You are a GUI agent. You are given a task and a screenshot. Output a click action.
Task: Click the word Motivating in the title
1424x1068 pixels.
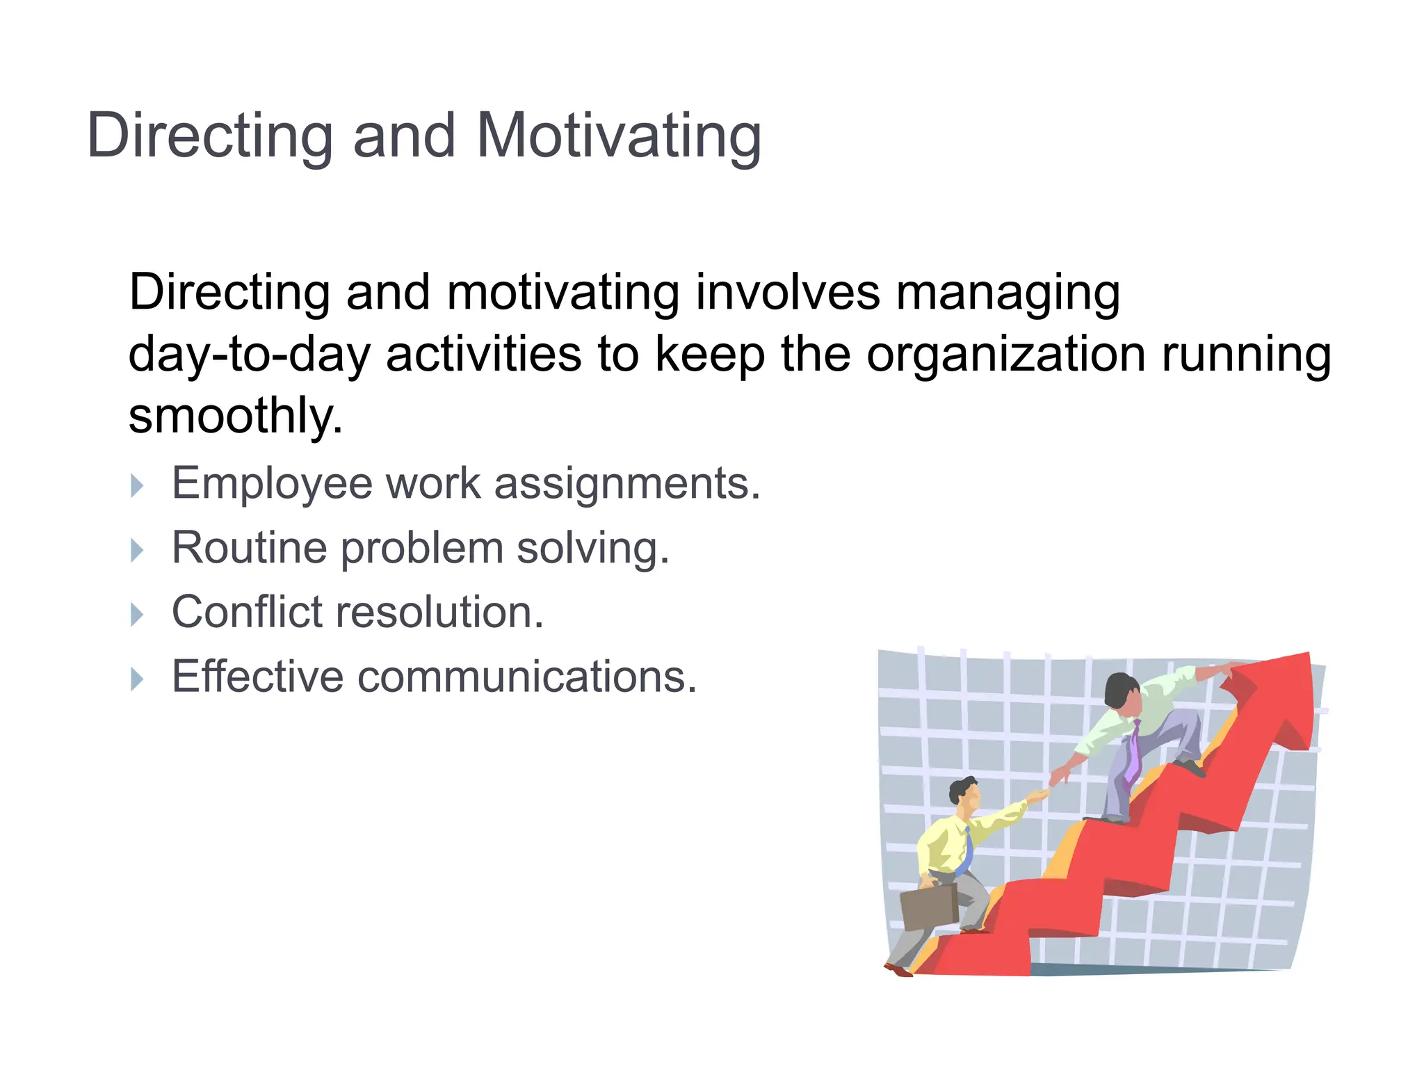click(x=619, y=136)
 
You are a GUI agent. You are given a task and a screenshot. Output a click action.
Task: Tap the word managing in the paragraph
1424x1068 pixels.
click(x=1008, y=293)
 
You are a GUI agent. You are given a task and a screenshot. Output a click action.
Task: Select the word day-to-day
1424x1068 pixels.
click(x=250, y=355)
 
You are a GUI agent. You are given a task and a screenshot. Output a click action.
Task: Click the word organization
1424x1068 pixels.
click(x=1005, y=355)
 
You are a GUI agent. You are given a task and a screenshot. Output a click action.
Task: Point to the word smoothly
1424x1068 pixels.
click(x=235, y=416)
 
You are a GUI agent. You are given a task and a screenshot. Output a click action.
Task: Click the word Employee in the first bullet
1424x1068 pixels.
click(x=272, y=483)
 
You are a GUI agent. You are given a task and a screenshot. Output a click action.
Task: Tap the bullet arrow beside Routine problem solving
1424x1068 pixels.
click(x=137, y=550)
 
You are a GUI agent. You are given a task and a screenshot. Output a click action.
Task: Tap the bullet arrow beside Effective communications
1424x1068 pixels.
click(x=137, y=679)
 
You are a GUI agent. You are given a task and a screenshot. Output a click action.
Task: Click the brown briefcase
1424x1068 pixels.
click(x=930, y=907)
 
